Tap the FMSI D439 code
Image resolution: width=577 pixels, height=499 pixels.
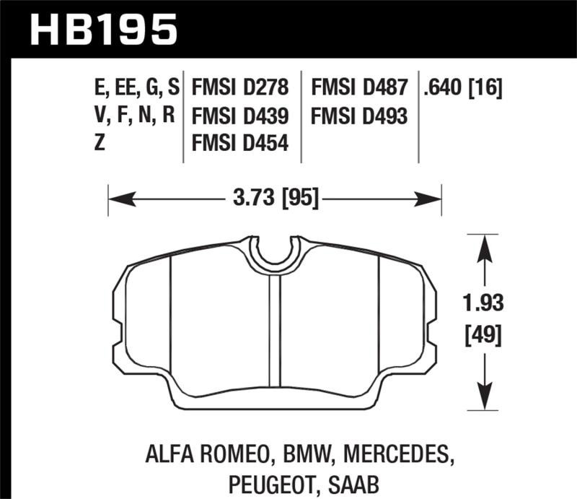240,116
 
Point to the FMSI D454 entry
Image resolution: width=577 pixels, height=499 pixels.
240,144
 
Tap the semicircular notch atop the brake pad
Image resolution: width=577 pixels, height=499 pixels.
274,253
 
